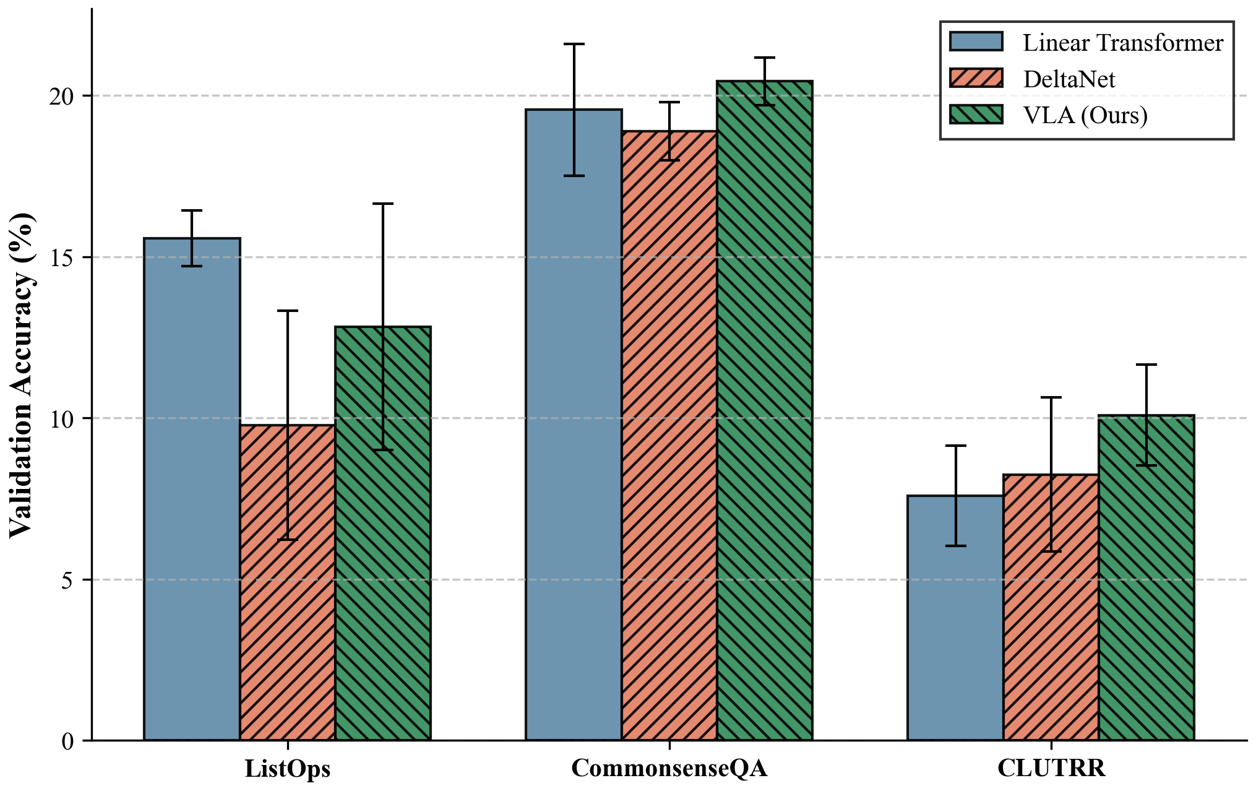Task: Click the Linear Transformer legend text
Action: click(x=1123, y=43)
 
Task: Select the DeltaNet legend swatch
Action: click(x=976, y=79)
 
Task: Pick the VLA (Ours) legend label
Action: click(x=1085, y=115)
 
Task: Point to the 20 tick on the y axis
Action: click(x=61, y=97)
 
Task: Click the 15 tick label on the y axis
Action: click(x=61, y=257)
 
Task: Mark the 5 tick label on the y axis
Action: click(x=67, y=580)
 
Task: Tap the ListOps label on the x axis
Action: click(x=288, y=768)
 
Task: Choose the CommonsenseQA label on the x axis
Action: click(x=669, y=768)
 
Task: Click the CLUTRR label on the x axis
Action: click(x=1051, y=768)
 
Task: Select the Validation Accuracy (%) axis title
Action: click(x=21, y=375)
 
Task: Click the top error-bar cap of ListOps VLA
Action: click(x=383, y=204)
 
